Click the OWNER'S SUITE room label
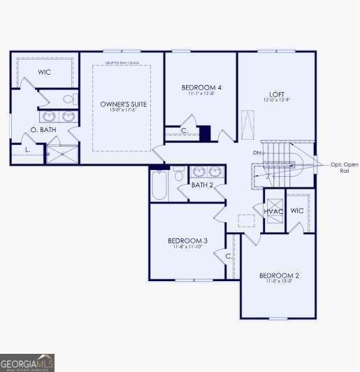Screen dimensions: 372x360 [124, 103]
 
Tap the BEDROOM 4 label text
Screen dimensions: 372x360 [201, 87]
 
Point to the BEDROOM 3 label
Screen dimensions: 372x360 [187, 241]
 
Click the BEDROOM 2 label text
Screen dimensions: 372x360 [279, 276]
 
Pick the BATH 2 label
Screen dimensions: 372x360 [202, 185]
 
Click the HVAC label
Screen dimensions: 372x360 [273, 211]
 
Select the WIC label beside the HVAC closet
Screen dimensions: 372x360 [297, 210]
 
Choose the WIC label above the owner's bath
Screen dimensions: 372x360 [45, 72]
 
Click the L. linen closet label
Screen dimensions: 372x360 [27, 150]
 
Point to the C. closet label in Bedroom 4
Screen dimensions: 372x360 [185, 131]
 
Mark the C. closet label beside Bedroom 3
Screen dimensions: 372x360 [229, 256]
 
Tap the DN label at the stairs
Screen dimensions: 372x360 [257, 152]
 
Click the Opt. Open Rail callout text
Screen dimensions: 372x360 [345, 167]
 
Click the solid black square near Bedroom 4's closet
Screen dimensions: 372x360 [205, 133]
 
